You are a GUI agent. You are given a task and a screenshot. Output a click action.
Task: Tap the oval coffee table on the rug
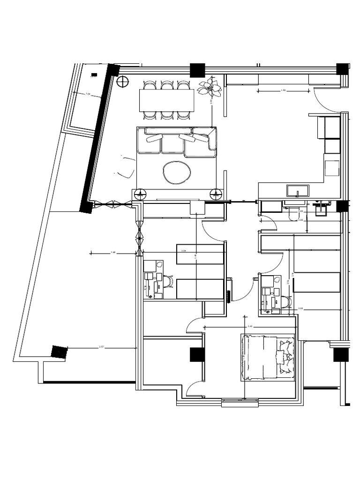pyautogui.click(x=177, y=172)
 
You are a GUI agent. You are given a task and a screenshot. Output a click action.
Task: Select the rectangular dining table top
pyautogui.click(x=166, y=100)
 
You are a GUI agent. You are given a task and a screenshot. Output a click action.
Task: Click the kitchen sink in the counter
pyautogui.click(x=298, y=191)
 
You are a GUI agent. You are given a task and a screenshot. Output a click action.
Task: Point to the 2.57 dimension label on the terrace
pyautogui.click(x=101, y=347)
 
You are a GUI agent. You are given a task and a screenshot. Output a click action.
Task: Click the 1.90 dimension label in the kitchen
pyautogui.click(x=283, y=90)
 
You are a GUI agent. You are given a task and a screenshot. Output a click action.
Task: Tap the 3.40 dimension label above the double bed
pyautogui.click(x=250, y=326)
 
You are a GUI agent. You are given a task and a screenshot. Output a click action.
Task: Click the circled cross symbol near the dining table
pyautogui.click(x=123, y=82)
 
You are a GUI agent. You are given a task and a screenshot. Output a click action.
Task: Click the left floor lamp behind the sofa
pyautogui.click(x=140, y=193)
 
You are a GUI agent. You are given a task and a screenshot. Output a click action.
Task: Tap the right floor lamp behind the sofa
pyautogui.click(x=216, y=193)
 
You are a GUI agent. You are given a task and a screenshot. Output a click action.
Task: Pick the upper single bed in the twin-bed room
pyautogui.click(x=200, y=254)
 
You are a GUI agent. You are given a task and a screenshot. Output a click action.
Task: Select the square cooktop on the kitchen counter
pyautogui.click(x=332, y=167)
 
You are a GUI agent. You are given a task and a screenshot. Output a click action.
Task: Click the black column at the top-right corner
pyautogui.click(x=343, y=69)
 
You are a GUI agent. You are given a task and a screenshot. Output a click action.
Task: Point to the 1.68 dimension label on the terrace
pyautogui.click(x=113, y=253)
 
